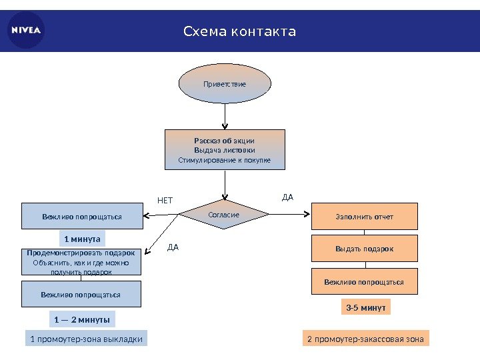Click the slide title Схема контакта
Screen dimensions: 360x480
coord(239,31)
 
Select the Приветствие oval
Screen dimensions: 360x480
coord(225,84)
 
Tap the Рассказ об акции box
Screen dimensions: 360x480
coord(225,150)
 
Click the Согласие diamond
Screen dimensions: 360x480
coord(224,215)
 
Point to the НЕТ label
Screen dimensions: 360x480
coord(165,200)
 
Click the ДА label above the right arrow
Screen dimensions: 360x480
coord(288,197)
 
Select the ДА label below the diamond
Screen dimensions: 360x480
coord(173,247)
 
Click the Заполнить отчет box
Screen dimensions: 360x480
coord(364,217)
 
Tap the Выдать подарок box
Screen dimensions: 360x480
coord(364,249)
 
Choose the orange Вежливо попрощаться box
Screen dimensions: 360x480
coord(364,281)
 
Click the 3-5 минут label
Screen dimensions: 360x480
coord(365,307)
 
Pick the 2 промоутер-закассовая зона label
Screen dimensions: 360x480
coord(365,339)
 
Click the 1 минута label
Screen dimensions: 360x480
coord(82,238)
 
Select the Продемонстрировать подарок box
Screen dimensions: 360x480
coord(82,262)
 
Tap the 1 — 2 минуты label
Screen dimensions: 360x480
coord(82,319)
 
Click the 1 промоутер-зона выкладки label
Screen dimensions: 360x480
coord(87,339)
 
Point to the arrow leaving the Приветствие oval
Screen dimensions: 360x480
coord(225,117)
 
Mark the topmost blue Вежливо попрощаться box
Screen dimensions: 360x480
coord(82,216)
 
